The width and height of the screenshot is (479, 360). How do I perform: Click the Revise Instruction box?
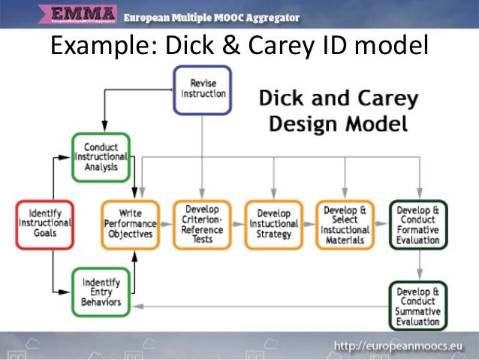(203, 89)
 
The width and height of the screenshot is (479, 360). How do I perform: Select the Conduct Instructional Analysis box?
(101, 157)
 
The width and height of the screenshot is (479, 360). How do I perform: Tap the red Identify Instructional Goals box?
(45, 223)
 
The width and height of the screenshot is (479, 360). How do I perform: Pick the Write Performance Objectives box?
(131, 223)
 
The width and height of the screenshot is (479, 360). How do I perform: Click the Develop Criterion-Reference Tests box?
(202, 223)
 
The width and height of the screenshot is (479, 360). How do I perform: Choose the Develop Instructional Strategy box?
(273, 223)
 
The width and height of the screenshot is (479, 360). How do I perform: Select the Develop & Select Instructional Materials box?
(345, 223)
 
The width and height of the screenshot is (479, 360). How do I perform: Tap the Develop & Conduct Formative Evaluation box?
(418, 223)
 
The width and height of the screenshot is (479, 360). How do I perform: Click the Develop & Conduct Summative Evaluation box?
(418, 305)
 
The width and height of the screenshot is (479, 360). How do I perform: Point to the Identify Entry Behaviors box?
(101, 292)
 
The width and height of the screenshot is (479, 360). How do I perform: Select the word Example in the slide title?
(98, 47)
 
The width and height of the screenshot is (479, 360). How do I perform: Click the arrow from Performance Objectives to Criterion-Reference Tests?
(167, 224)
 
